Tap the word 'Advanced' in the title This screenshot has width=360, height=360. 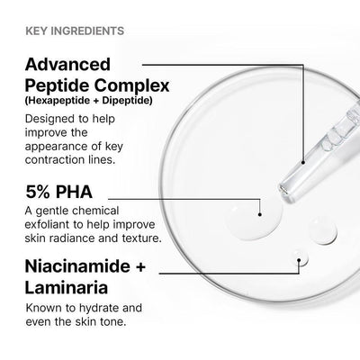point(67,65)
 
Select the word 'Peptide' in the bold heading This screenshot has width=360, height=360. point(62,87)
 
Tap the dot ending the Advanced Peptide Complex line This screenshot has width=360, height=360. point(304,163)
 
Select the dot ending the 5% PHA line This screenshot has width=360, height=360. point(260,214)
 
